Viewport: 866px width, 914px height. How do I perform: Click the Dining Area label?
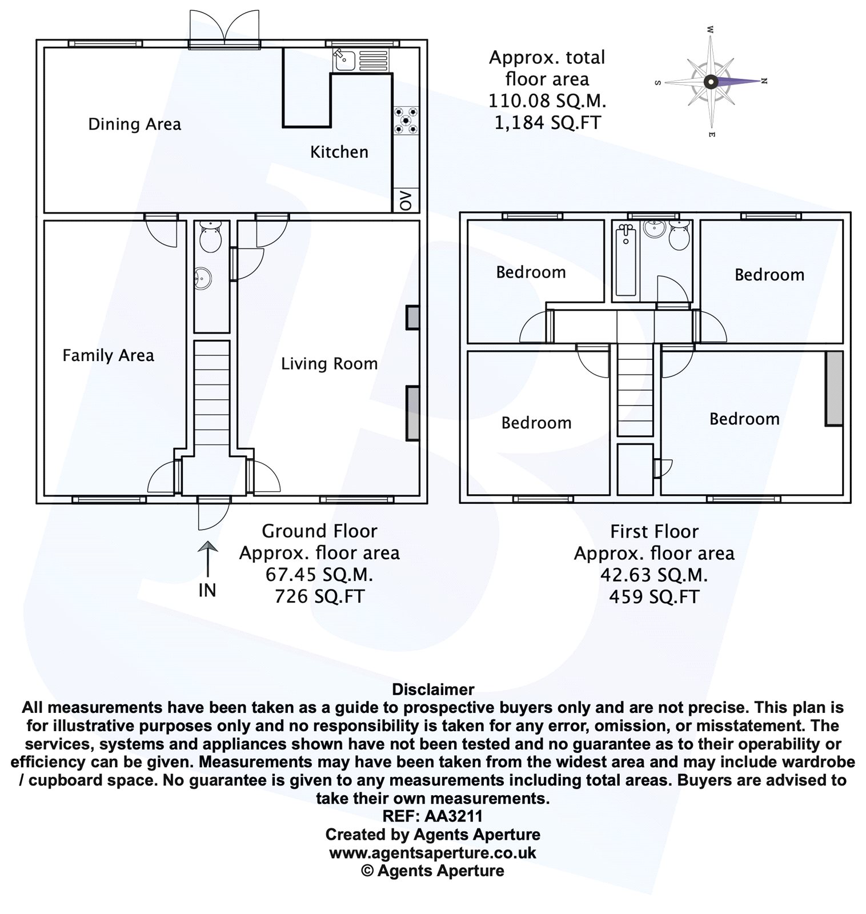(x=134, y=124)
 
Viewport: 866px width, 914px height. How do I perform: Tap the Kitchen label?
(x=339, y=152)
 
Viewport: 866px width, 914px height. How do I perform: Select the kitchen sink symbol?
(x=345, y=59)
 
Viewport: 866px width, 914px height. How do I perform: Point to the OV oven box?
(x=406, y=200)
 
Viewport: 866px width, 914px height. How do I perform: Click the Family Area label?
(x=108, y=355)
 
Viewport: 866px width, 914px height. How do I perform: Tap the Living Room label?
(x=329, y=363)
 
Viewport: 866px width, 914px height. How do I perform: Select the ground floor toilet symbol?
(x=211, y=238)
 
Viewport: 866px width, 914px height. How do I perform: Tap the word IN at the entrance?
(x=207, y=590)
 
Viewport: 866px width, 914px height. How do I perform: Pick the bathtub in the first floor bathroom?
(x=626, y=260)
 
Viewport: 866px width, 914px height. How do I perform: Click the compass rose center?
(x=709, y=82)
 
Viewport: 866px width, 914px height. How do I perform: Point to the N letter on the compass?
(x=764, y=81)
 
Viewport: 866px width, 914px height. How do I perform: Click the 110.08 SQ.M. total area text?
(x=547, y=101)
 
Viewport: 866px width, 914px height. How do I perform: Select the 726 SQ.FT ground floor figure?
(x=319, y=596)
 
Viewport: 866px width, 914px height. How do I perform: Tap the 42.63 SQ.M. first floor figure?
(x=653, y=575)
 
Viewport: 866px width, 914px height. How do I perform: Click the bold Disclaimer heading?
(x=432, y=689)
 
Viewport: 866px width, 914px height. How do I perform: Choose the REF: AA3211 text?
(x=432, y=816)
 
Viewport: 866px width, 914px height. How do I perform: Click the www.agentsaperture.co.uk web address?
(x=432, y=853)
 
